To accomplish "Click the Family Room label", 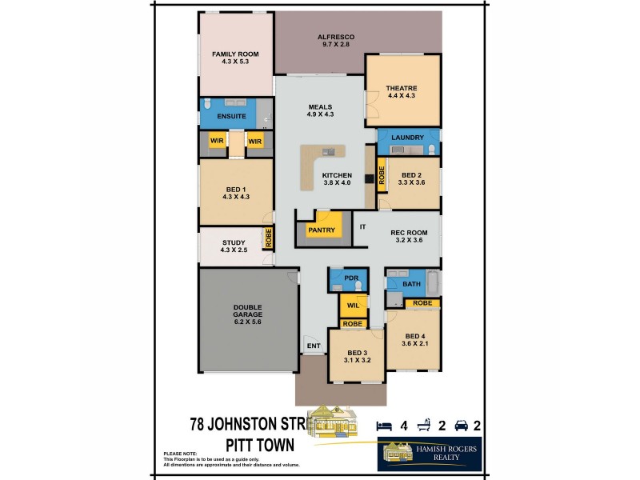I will point(235,54).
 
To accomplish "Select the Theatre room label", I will point(402,87).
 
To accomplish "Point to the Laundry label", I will point(407,138).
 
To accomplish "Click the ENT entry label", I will point(314,346).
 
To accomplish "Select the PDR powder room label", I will point(350,278).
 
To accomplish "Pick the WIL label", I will point(353,306).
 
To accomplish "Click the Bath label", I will point(411,284).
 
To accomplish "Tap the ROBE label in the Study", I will point(269,238).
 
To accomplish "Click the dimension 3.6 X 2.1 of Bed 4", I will point(414,344).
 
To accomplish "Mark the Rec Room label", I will point(409,233).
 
